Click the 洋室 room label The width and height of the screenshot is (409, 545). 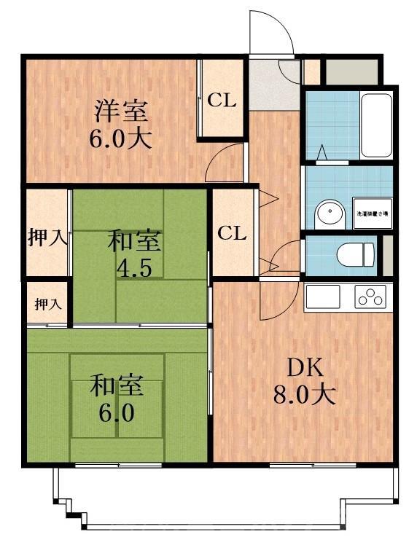tap(120, 111)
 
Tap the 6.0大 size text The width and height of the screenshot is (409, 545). tap(120, 138)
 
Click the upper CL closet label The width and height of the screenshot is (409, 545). tap(222, 101)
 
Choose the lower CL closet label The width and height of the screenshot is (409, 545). tap(232, 234)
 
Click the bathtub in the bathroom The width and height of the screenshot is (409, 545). tap(376, 125)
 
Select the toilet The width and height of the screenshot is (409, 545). tap(357, 254)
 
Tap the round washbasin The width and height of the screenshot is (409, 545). tap(329, 216)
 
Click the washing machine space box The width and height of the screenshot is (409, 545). tap(373, 213)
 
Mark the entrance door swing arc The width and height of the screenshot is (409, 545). tap(271, 33)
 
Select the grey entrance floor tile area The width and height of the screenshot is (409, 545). tap(273, 84)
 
